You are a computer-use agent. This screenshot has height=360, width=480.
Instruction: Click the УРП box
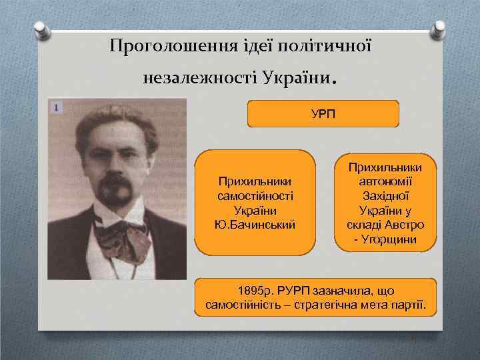click(323, 113)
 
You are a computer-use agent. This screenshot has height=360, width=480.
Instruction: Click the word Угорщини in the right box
click(389, 239)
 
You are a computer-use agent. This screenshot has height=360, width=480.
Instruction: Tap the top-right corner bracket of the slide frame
click(439, 31)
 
